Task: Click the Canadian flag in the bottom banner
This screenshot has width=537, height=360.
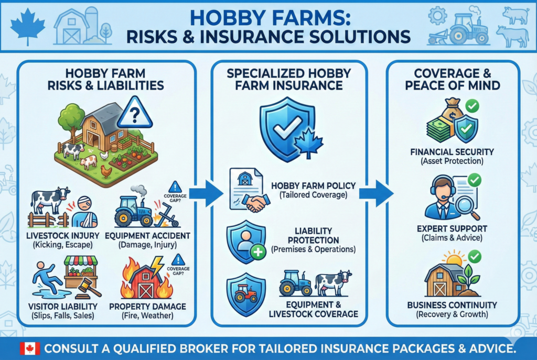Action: click(x=30, y=348)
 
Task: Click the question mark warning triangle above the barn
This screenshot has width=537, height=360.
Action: click(x=135, y=113)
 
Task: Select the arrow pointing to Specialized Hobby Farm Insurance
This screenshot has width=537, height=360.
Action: click(x=206, y=193)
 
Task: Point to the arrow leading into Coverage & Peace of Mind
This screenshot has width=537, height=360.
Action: click(x=376, y=193)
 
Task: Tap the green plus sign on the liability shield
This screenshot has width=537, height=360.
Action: click(x=258, y=252)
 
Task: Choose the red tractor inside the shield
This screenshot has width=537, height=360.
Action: click(x=246, y=292)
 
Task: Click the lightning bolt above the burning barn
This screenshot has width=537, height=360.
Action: click(x=156, y=266)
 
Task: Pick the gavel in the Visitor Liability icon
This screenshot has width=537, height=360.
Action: click(x=88, y=287)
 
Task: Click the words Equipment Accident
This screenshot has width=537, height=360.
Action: click(x=147, y=236)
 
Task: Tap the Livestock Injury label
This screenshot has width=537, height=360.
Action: click(x=63, y=236)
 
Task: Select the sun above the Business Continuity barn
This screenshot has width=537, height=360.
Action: click(x=454, y=259)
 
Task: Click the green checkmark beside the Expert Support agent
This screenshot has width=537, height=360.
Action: click(x=474, y=180)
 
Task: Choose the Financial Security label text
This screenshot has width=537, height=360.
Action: click(x=452, y=152)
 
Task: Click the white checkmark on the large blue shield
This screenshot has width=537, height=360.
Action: click(x=284, y=128)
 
